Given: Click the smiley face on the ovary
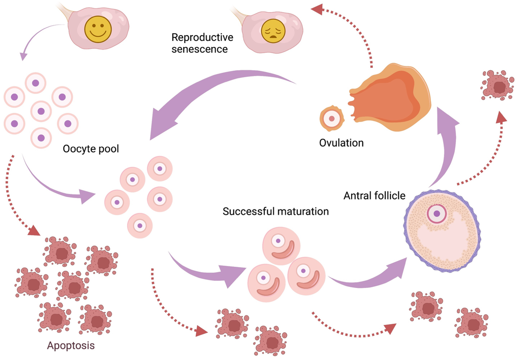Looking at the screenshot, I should tap(98, 29).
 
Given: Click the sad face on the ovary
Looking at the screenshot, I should tap(273, 31).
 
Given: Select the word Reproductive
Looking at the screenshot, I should tap(202, 37).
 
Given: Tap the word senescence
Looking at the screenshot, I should tap(200, 49).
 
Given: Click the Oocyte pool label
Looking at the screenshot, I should tap(91, 149).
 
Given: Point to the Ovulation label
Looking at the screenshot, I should tap(341, 143).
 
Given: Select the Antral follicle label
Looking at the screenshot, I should tap(374, 196).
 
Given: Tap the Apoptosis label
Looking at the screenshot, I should tap(71, 345).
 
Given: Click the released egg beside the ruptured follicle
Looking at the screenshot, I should tap(331, 118).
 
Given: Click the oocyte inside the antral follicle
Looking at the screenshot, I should tap(437, 213).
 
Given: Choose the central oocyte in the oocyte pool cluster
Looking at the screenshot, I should tap(41, 111).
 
